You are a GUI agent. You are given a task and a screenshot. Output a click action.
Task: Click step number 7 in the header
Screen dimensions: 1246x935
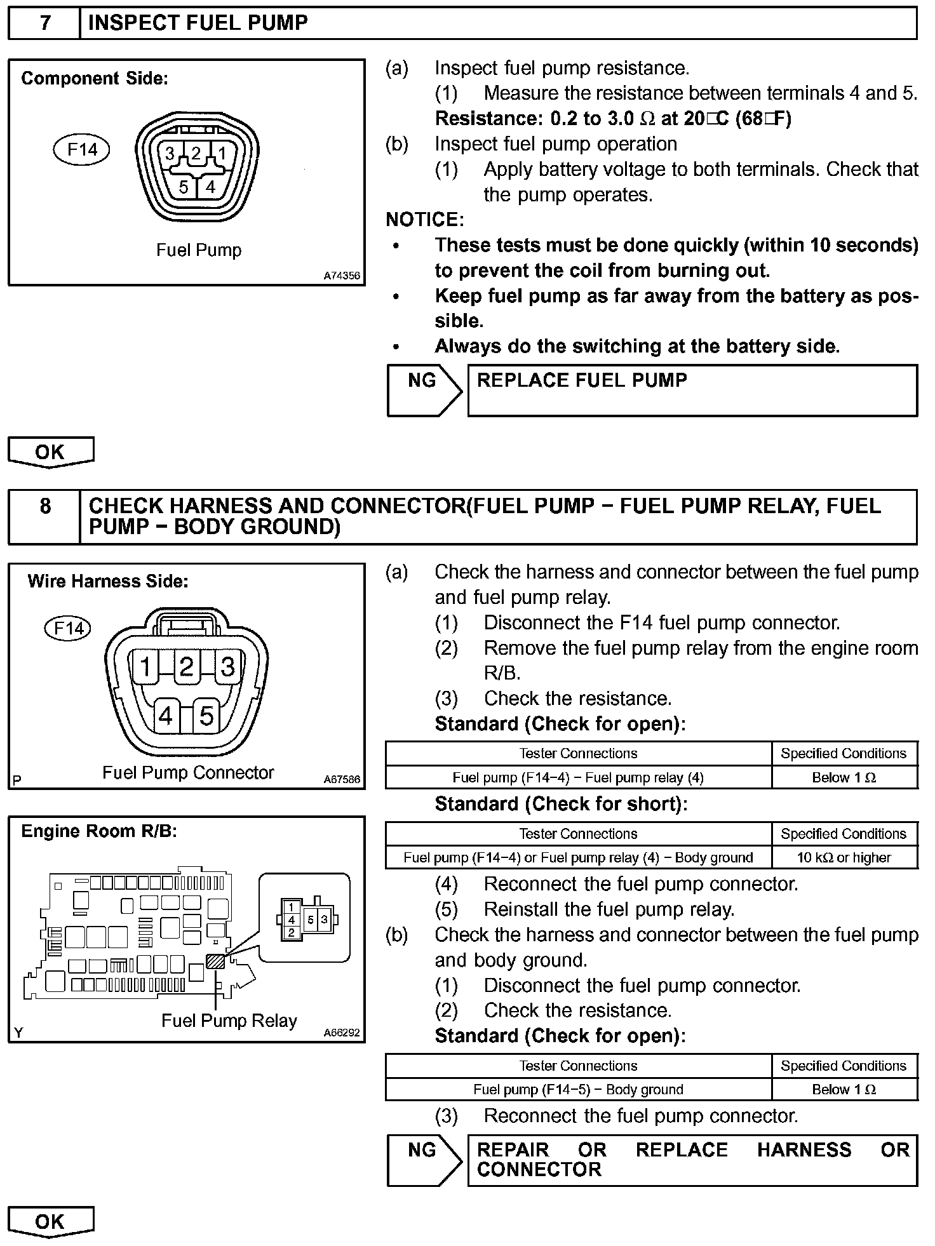(x=44, y=23)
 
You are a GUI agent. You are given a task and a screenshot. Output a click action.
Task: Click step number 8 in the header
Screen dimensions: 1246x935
(x=44, y=506)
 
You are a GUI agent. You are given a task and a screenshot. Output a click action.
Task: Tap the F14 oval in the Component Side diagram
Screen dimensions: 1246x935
(x=82, y=150)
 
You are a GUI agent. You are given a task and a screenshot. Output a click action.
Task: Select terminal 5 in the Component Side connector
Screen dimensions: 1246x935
(x=184, y=187)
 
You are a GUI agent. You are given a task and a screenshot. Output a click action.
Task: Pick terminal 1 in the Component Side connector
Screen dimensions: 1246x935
(x=222, y=153)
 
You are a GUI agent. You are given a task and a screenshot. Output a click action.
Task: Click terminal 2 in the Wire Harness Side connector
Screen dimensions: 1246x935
(x=186, y=667)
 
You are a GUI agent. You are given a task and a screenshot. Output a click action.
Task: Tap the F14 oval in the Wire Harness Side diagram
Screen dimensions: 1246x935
(x=68, y=629)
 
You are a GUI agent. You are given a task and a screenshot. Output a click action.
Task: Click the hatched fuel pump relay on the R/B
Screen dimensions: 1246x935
(x=216, y=961)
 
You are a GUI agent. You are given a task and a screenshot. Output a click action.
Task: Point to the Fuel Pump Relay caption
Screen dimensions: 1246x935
(x=229, y=1021)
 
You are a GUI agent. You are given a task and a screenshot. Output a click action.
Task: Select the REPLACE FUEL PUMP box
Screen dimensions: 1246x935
(x=692, y=391)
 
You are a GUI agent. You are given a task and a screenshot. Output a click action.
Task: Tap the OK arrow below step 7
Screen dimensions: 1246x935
(x=50, y=452)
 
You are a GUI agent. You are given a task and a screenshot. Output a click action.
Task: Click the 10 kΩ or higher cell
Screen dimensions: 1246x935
(x=844, y=857)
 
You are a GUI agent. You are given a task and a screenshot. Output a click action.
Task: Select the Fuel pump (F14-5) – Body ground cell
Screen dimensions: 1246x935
(x=578, y=1089)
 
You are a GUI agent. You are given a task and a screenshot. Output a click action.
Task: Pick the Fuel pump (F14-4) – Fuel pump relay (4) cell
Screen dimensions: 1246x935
(x=578, y=777)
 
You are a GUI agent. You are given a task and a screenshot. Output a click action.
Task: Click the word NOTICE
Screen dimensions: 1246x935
(x=425, y=220)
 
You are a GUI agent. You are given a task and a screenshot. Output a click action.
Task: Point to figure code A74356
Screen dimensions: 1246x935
(x=342, y=276)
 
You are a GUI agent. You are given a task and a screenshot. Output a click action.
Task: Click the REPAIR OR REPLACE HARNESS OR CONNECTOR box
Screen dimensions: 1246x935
(x=692, y=1160)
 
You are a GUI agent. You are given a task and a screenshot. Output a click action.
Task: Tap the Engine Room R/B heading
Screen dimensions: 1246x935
(x=99, y=831)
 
